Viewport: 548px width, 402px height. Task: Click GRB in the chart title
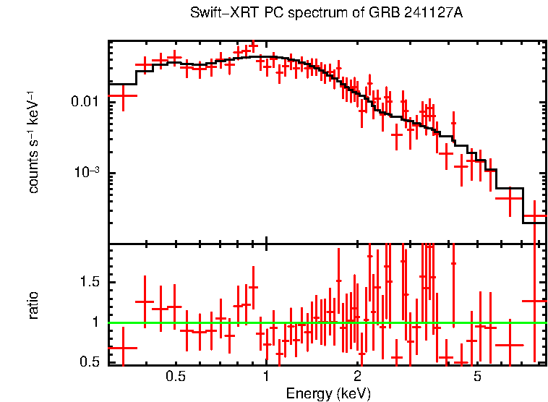(378, 14)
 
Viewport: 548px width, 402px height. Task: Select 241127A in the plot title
(431, 14)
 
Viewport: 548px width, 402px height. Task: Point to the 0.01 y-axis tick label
(85, 102)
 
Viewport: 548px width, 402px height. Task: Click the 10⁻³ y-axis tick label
(87, 173)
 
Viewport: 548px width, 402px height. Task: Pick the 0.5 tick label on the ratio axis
(90, 362)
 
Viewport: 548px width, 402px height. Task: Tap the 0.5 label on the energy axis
(175, 377)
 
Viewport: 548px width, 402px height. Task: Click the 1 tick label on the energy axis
(266, 377)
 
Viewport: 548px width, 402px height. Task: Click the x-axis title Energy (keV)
(328, 393)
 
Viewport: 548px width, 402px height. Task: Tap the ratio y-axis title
(33, 305)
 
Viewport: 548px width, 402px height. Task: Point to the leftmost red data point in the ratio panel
(123, 348)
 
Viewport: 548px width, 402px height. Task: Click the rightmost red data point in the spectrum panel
(534, 216)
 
